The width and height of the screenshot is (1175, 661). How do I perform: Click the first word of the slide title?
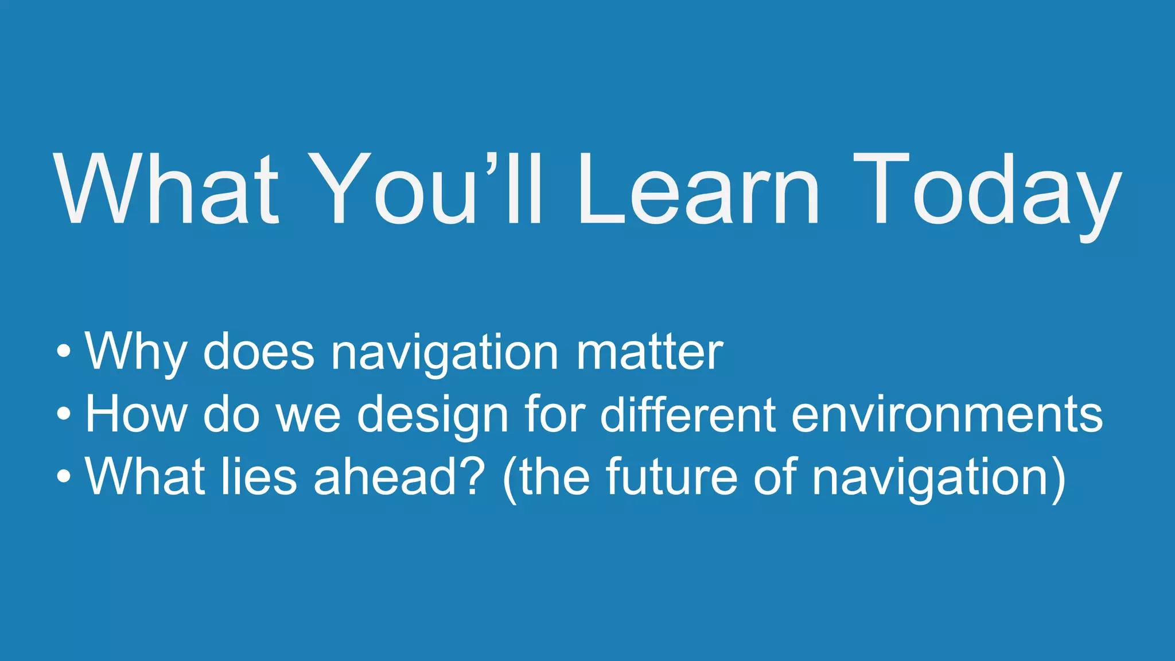(x=166, y=189)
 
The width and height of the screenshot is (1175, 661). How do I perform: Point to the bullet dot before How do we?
(x=64, y=414)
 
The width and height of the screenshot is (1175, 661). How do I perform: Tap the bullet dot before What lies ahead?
(x=64, y=476)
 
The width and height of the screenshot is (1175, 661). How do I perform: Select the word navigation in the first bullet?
(x=445, y=353)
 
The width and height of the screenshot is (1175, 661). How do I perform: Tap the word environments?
(x=947, y=414)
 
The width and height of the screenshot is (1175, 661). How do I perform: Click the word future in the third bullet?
(x=671, y=476)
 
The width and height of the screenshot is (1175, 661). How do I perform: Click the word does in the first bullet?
(x=259, y=352)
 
